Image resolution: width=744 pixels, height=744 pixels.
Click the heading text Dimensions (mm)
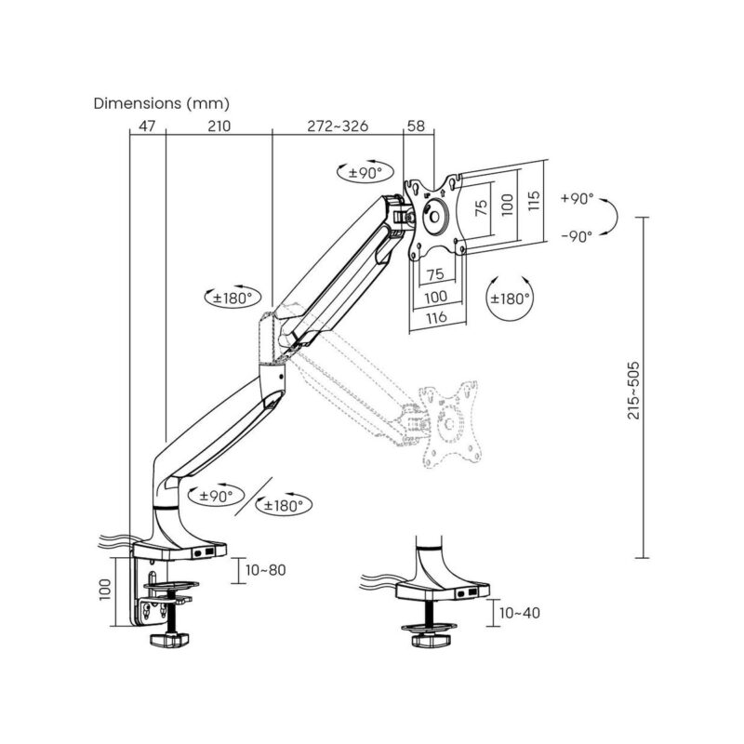pos(161,103)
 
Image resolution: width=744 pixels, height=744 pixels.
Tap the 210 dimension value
pos(218,126)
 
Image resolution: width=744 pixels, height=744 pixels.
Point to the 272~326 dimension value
pos(337,126)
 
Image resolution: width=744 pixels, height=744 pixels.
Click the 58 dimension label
pos(418,126)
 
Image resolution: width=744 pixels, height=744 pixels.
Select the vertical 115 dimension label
pos(534,204)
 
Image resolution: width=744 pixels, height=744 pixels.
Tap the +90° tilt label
pos(578,200)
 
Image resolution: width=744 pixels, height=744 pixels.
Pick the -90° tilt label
pos(578,237)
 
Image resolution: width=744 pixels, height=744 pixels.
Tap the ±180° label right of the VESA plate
pos(511,299)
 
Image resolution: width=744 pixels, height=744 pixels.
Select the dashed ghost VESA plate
pos(449,422)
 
